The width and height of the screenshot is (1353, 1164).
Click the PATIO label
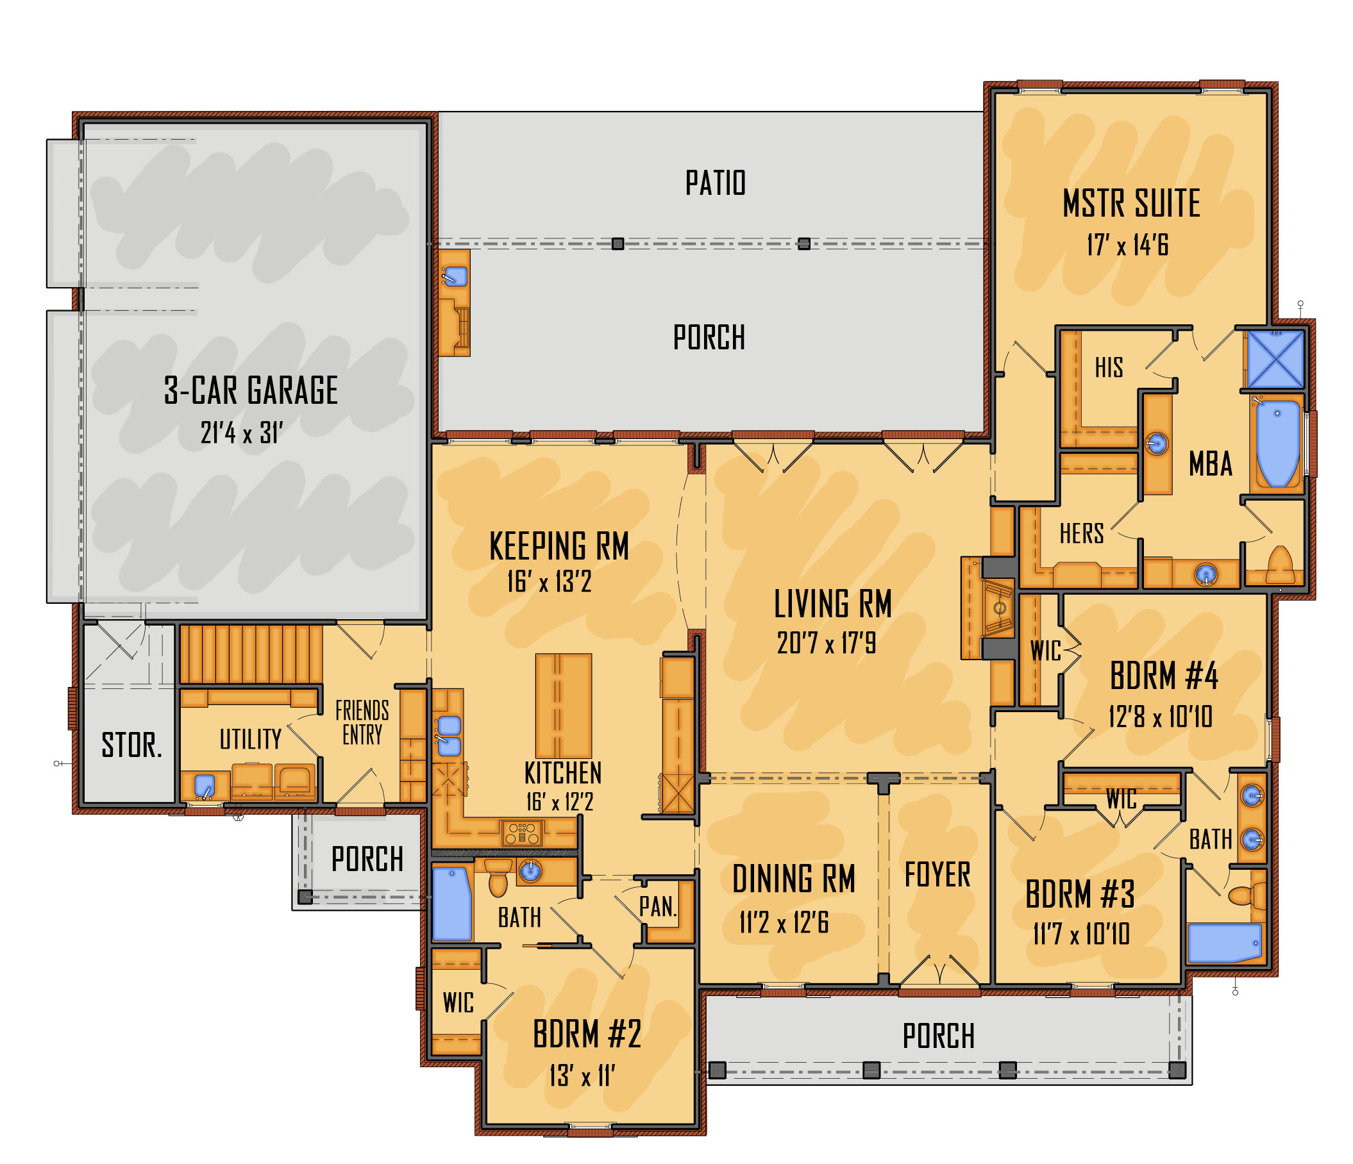point(715,183)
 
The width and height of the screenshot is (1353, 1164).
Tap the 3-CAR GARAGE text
point(251,390)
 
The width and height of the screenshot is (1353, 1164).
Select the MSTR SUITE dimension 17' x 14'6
point(1128,245)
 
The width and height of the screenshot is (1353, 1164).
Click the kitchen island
point(564,706)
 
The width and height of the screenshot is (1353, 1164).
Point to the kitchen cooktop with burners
point(521,833)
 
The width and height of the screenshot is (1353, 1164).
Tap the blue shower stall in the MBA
point(1275,358)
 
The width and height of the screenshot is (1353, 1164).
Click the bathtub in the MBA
point(1277,443)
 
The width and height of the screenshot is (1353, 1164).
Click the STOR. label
point(131,745)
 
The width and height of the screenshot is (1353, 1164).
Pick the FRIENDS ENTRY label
point(362,722)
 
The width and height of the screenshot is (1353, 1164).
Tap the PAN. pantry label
point(657,906)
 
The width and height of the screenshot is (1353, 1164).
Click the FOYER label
point(937,875)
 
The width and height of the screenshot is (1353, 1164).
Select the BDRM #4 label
point(1164,675)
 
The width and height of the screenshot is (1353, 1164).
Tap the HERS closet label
point(1081,533)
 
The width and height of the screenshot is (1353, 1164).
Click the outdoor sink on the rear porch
point(455,276)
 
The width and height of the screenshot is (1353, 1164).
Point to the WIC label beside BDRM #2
point(458,1002)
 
